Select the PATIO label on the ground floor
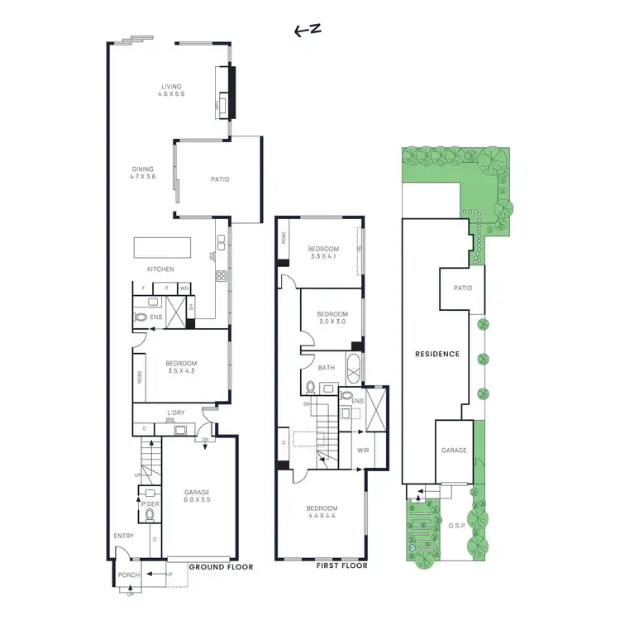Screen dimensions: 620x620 click(x=219, y=179)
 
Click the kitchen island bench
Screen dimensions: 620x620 click(x=162, y=246)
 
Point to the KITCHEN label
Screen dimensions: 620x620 click(x=160, y=269)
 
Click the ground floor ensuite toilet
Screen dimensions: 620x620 click(x=141, y=316)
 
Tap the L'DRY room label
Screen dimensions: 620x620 click(x=175, y=413)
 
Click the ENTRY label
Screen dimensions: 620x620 click(x=124, y=536)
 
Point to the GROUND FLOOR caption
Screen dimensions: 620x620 click(x=221, y=567)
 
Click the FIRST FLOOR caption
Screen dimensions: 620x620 click(x=341, y=567)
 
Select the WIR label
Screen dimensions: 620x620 click(x=363, y=451)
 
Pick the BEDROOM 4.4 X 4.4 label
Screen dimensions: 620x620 click(x=322, y=511)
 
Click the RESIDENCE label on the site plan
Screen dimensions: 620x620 click(x=436, y=354)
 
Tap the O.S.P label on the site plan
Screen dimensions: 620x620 click(x=457, y=525)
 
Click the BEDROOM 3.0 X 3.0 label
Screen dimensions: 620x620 click(x=331, y=317)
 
